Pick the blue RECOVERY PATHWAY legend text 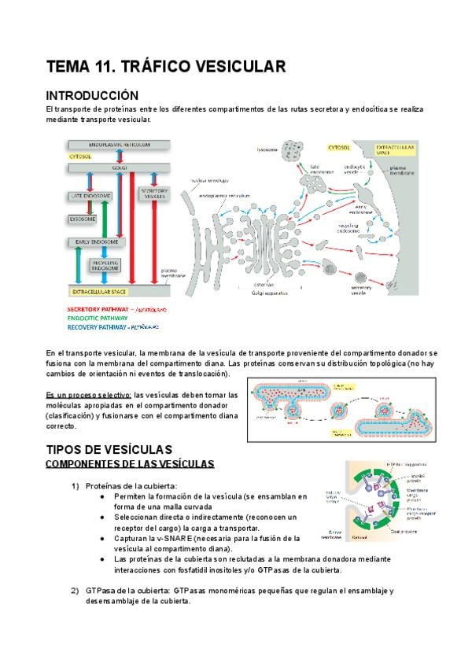(x=95, y=326)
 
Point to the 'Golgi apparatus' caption (x=267, y=292)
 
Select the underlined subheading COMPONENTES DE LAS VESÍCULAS (x=130, y=464)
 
